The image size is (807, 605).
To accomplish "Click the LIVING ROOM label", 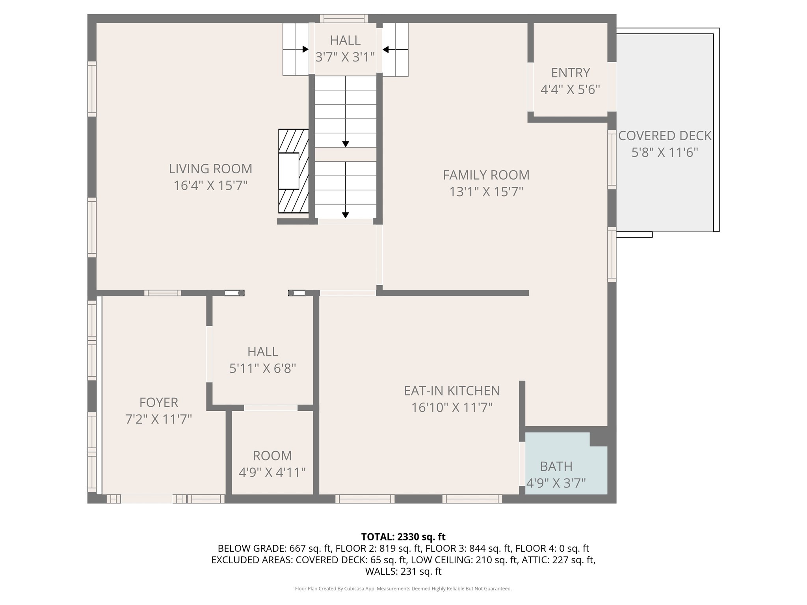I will click(x=210, y=169).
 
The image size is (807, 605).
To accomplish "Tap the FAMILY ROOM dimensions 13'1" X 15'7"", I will click(x=486, y=192).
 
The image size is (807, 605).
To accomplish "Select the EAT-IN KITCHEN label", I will click(x=452, y=391).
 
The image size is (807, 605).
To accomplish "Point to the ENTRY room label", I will click(x=570, y=73).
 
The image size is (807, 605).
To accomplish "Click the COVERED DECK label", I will click(x=665, y=136).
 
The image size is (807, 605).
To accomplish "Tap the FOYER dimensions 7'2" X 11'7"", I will click(x=158, y=419).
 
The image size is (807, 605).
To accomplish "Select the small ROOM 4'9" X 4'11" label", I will click(x=272, y=456).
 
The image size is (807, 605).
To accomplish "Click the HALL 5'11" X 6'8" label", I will click(x=262, y=351).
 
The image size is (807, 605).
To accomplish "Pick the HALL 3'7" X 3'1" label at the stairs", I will click(x=345, y=41).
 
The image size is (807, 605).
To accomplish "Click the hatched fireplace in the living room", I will click(x=293, y=171).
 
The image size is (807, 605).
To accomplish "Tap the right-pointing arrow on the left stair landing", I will click(x=305, y=49).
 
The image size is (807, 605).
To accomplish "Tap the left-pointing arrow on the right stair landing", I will click(x=386, y=49).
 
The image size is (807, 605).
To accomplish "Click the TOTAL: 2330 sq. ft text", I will click(x=403, y=537).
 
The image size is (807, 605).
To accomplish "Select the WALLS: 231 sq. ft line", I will click(x=403, y=571).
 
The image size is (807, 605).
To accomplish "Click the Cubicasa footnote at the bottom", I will click(x=403, y=588).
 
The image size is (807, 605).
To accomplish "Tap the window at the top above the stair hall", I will click(x=344, y=19).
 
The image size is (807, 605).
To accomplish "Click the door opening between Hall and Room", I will click(x=271, y=408).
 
